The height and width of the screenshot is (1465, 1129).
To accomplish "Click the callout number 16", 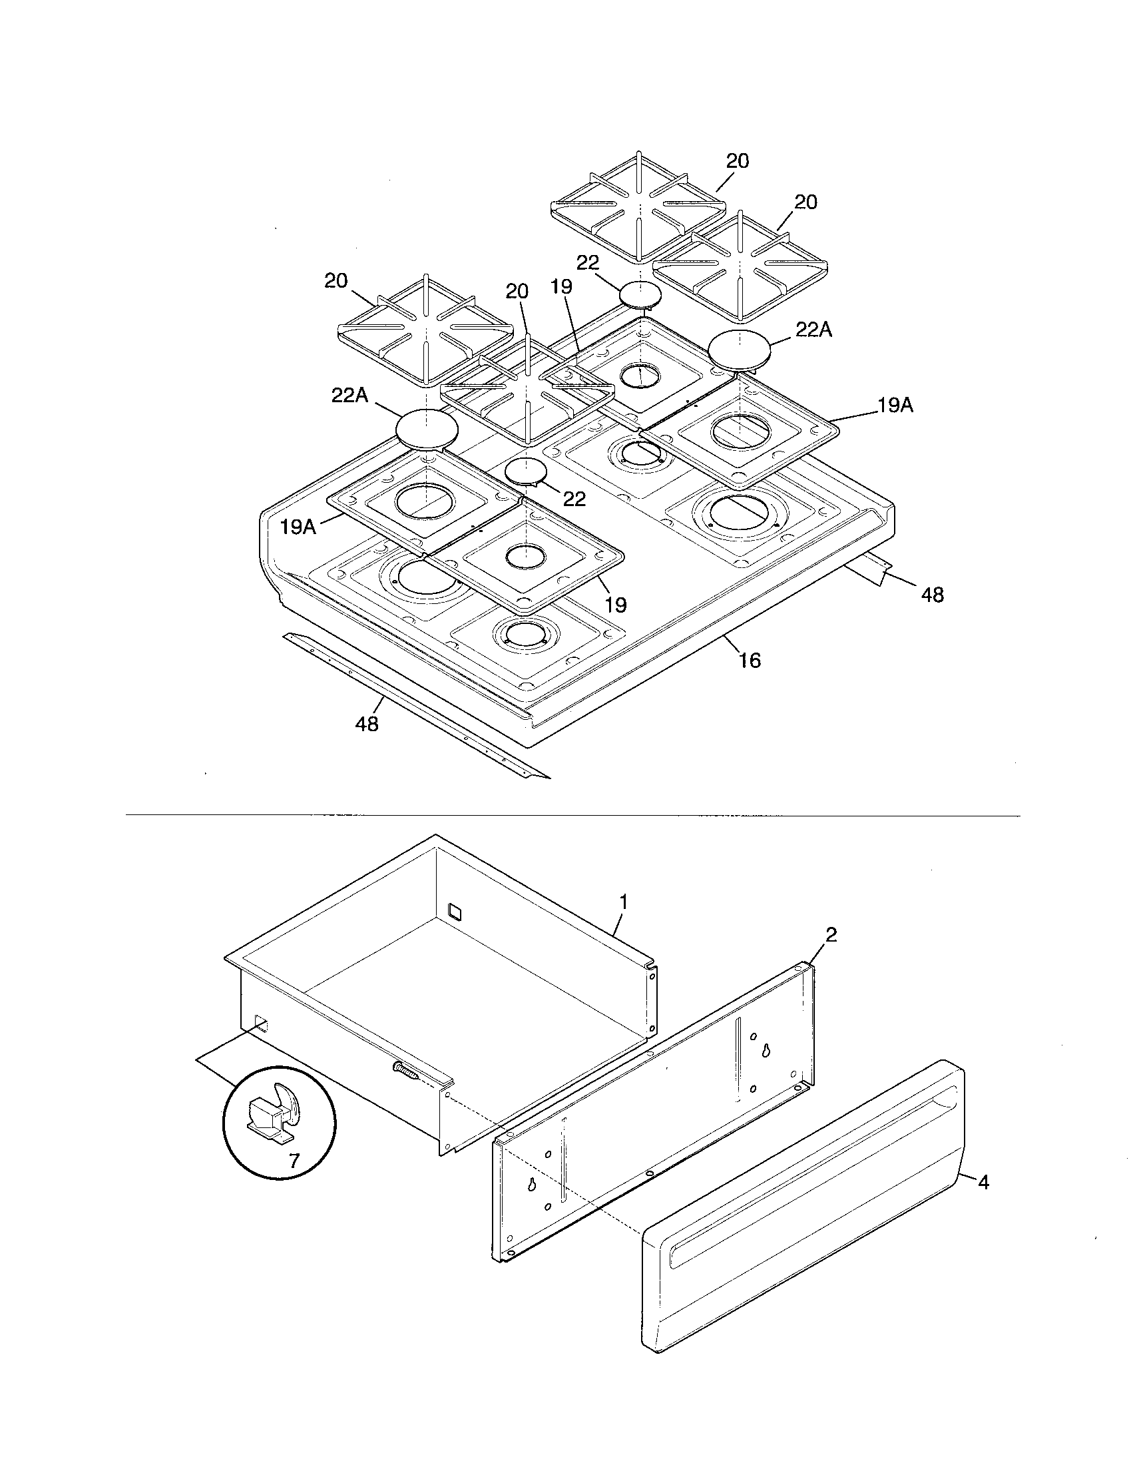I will (x=750, y=661).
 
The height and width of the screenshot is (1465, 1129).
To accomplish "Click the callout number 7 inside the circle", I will (x=294, y=1161).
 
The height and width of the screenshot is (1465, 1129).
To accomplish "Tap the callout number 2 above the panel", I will (x=831, y=935).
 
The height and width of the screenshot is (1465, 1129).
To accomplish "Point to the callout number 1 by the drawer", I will (x=624, y=902).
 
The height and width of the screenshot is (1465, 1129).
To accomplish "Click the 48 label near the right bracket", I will (x=933, y=594).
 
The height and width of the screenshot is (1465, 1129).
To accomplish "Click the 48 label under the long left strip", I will (x=367, y=725).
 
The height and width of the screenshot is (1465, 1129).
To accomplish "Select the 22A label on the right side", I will (x=814, y=330).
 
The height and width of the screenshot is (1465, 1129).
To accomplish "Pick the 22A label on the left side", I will (x=350, y=396).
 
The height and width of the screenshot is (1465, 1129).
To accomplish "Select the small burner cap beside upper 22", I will (x=640, y=294).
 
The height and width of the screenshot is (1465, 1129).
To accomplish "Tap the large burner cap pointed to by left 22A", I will (x=427, y=428).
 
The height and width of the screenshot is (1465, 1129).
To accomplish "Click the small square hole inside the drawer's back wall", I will (x=455, y=910).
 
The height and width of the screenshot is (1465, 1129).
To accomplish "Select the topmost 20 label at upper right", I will (x=738, y=161).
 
